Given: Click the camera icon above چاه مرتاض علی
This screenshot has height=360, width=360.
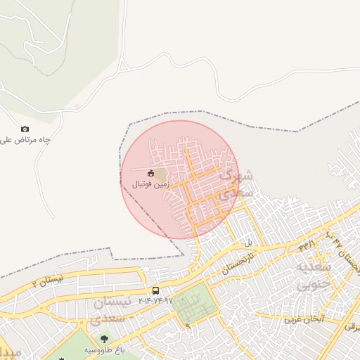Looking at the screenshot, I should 25,129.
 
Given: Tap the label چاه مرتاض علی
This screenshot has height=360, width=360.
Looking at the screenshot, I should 25,140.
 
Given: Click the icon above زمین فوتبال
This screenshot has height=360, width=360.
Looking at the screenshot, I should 150,173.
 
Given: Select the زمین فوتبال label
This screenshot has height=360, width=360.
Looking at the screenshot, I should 149,184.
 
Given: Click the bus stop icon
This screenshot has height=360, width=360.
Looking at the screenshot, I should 155,290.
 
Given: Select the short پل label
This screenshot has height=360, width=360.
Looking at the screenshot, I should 247,243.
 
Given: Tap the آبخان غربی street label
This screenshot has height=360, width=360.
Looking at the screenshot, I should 303,318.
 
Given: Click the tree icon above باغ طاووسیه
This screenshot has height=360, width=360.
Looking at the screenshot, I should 105,340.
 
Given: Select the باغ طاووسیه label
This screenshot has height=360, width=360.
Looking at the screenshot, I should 105,349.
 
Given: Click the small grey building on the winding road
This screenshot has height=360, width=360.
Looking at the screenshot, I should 77,106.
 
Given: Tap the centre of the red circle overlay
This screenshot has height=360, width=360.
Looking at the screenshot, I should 180,179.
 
